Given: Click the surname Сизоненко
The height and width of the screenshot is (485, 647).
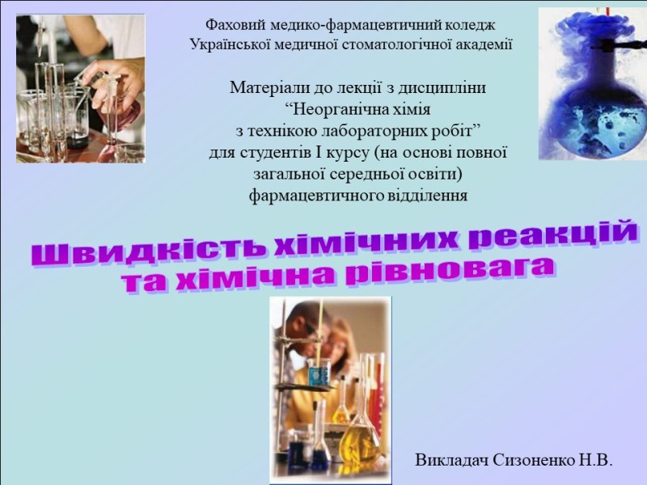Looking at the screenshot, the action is pos(531,460).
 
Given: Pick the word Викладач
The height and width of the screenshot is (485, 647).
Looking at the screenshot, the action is pos(452,460).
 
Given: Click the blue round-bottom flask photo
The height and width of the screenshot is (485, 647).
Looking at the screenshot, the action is pos(593,84).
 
